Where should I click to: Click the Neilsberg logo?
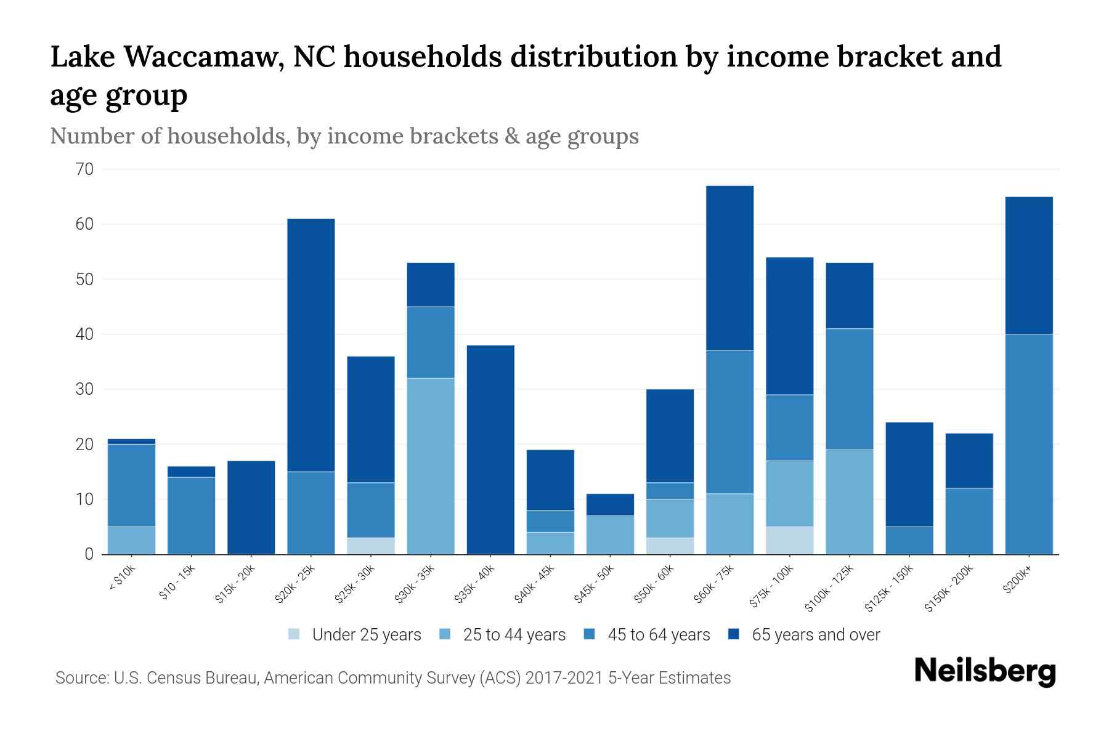(985, 671)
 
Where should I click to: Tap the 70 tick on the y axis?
(85, 169)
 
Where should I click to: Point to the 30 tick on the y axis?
(85, 389)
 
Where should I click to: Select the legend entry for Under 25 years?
(366, 635)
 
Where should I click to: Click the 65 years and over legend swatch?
(734, 634)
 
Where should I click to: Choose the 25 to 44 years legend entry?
(514, 635)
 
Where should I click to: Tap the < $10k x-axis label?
(122, 579)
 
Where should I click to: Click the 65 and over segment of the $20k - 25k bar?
(311, 345)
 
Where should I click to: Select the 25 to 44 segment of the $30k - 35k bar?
(431, 466)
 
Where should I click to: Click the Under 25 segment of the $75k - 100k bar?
(790, 540)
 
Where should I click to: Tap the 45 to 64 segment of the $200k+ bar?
(1029, 443)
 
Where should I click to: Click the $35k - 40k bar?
(490, 450)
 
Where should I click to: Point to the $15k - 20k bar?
(251, 507)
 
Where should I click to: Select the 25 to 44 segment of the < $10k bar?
(131, 540)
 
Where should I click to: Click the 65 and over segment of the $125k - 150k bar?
(909, 474)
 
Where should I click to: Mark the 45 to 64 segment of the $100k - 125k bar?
(850, 389)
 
